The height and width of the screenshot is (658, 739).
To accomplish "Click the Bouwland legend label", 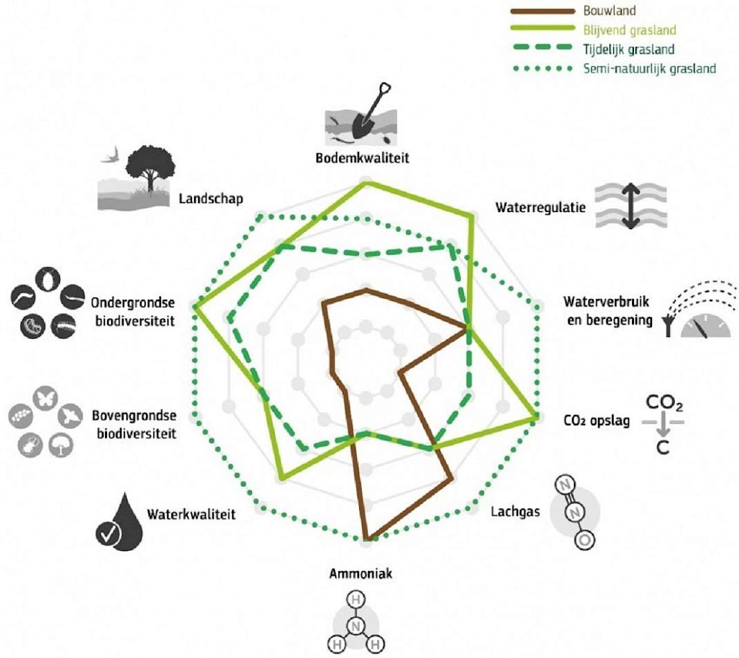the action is click(609, 10).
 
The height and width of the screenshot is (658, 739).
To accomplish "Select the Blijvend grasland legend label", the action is click(630, 30).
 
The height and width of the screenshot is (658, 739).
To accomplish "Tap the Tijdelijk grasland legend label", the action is click(628, 50).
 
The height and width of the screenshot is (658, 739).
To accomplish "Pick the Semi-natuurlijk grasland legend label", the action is click(649, 69).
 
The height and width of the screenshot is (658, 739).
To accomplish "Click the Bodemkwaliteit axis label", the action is click(362, 158).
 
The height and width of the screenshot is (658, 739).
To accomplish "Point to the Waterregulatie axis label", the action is click(541, 208).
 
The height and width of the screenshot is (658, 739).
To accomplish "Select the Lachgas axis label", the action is click(515, 512).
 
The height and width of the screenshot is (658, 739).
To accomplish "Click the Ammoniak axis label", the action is click(361, 574).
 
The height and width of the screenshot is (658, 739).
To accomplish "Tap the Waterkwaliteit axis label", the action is click(191, 514).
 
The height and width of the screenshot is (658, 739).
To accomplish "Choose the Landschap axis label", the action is click(211, 199).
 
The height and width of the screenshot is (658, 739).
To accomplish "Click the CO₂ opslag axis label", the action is click(597, 420).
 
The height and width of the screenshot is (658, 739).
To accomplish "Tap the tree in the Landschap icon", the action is click(150, 167).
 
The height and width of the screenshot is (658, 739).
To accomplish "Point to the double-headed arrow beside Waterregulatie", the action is click(631, 206).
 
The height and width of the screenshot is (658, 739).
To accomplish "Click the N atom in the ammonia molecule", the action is click(356, 626).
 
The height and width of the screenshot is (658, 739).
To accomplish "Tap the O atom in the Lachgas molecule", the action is click(584, 540).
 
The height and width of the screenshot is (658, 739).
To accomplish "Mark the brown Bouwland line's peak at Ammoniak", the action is click(367, 539).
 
